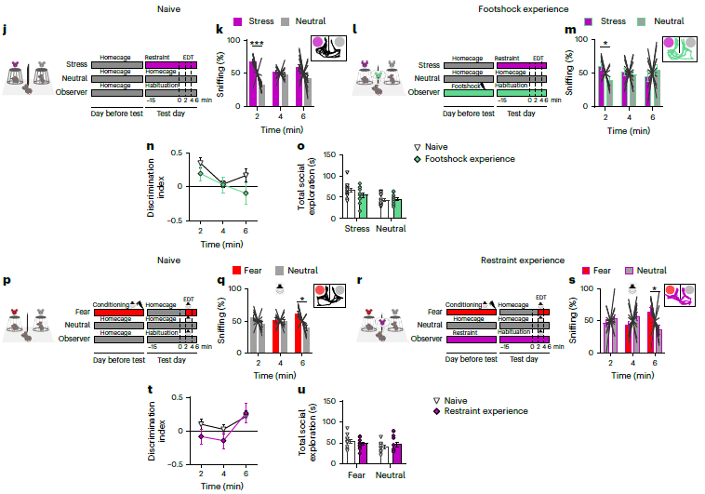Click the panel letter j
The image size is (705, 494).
coord(5,31)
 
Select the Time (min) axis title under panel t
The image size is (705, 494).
coord(224,487)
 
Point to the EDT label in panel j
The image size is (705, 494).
coord(189,56)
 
